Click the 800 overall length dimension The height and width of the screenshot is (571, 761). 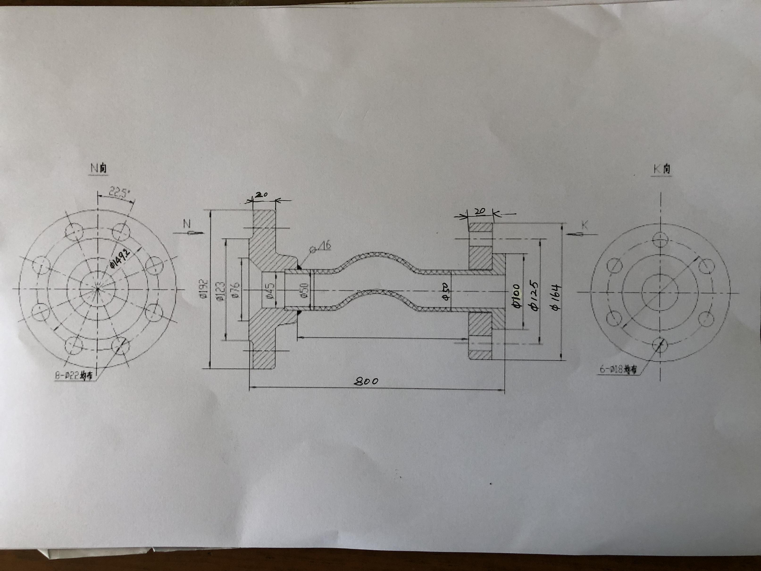(366, 381)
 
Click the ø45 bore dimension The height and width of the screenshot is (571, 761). (269, 290)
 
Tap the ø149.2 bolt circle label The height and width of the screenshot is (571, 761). (120, 259)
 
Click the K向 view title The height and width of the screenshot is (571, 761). (661, 169)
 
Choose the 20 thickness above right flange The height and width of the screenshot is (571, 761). (480, 211)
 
